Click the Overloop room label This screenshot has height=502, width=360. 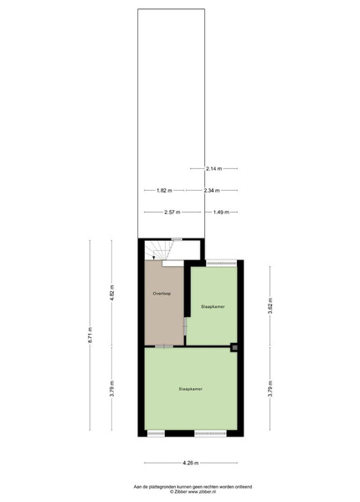162,294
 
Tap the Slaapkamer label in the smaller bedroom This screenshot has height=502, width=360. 213,306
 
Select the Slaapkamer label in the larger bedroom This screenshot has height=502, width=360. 191,389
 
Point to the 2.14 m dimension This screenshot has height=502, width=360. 214,168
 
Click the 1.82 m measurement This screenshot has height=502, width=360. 164,191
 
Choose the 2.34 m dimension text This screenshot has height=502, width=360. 212,191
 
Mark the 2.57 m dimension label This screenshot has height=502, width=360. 172,212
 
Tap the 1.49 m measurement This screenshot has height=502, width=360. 221,212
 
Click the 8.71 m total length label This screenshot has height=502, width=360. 90,335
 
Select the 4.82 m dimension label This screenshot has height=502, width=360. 111,293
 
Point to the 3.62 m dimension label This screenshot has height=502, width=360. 270,305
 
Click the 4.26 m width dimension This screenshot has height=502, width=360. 191,463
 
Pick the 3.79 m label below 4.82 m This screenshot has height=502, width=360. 111,388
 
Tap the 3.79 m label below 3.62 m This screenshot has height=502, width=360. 270,388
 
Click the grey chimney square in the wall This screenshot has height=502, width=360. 234,347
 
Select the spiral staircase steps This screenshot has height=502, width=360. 159,250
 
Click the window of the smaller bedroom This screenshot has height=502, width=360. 221,264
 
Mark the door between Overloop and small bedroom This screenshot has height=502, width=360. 185,326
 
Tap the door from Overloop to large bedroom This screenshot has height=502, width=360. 164,346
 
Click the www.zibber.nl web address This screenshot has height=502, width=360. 202,491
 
